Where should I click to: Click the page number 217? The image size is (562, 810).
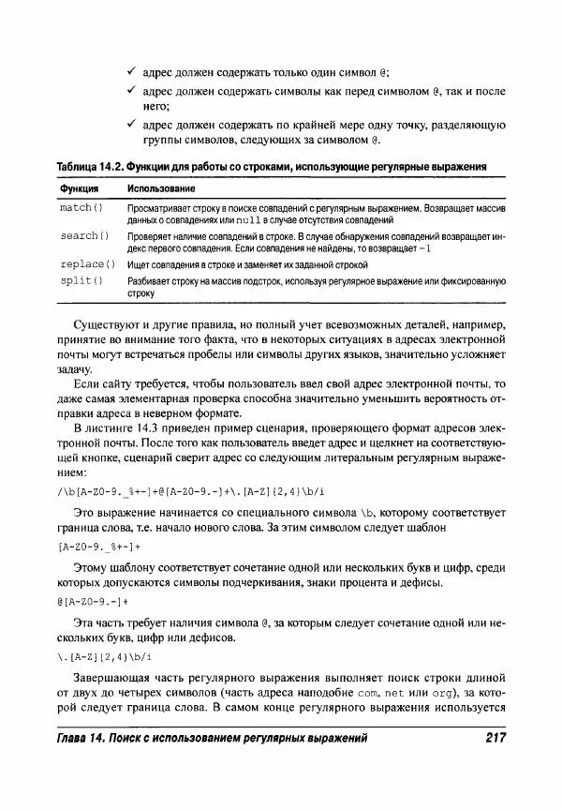click(x=490, y=740)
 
